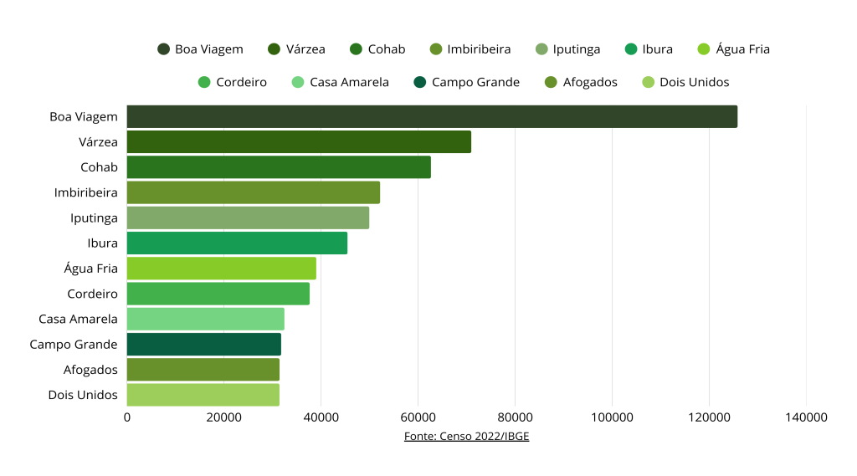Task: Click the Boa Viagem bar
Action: click(432, 116)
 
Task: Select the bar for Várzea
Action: click(299, 142)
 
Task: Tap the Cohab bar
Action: click(279, 167)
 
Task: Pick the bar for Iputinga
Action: click(248, 218)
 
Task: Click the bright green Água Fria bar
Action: click(222, 269)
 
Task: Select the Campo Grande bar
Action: click(204, 345)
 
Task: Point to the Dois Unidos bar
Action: click(203, 395)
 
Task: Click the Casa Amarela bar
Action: click(206, 319)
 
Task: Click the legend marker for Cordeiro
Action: click(204, 82)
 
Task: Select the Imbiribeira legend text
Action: click(479, 49)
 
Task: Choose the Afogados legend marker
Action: click(550, 82)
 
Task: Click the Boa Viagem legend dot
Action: click(164, 49)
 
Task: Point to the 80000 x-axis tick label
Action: click(515, 417)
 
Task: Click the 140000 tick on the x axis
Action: click(806, 417)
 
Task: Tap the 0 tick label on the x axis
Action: click(127, 417)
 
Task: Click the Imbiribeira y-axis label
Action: click(86, 192)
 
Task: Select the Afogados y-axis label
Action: click(90, 370)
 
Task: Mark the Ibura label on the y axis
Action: click(103, 243)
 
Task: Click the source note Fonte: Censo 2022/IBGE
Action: click(466, 436)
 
